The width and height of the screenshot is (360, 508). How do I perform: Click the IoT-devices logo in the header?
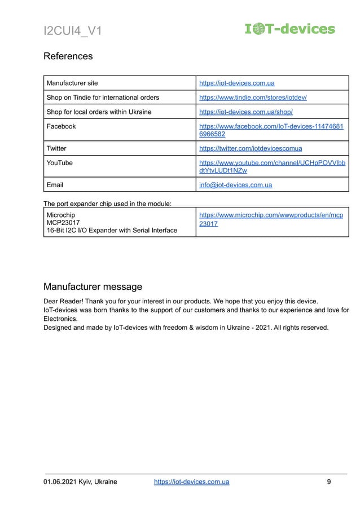pos(289,29)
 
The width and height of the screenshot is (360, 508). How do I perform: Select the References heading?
pos(68,56)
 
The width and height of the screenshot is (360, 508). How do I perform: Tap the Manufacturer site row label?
pos(72,83)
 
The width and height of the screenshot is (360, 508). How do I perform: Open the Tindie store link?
pos(253,98)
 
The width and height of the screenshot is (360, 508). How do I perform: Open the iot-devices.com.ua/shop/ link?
pos(245,112)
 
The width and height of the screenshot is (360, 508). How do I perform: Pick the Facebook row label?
pos(61,126)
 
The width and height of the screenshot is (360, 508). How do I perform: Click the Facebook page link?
pos(271,130)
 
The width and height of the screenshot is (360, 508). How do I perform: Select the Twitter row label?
pos(56,148)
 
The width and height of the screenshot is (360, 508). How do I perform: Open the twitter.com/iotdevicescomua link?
pos(251,148)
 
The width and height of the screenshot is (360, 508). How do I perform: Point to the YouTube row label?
pos(59,163)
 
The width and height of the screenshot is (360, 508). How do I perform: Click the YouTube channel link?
pos(273,167)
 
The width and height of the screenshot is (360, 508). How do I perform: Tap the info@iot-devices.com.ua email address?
pos(236,185)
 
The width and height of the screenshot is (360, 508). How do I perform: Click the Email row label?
pos(55,185)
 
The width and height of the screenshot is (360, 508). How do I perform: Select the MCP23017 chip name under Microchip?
pos(63,223)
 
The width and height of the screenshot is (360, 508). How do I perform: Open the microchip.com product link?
pos(271,219)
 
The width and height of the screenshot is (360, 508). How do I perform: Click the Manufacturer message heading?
pos(93,287)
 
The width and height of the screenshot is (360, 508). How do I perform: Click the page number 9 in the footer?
pos(328,482)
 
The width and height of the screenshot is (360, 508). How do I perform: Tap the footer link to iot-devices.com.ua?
pos(191,482)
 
